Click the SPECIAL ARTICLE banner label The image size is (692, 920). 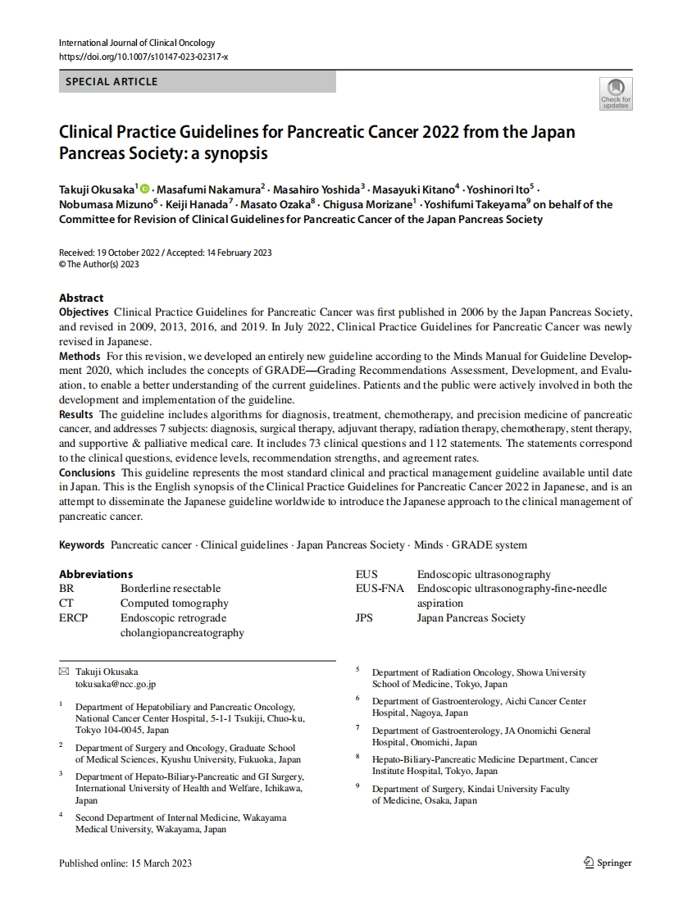[112, 82]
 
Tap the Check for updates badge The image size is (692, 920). [616, 93]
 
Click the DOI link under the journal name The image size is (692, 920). [143, 57]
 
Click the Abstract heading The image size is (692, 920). [81, 298]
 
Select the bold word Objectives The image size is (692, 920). [84, 312]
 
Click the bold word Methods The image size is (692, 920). [80, 357]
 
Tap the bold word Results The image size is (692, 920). [76, 415]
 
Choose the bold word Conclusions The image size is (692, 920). [87, 473]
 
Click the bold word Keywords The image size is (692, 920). [81, 544]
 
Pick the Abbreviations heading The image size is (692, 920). [95, 574]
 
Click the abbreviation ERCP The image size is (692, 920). [73, 617]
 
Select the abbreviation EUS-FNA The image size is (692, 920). [380, 588]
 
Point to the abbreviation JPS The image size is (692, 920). [364, 617]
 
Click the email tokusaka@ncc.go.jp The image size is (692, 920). [116, 684]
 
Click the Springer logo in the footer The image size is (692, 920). [608, 863]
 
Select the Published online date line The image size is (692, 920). [125, 863]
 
